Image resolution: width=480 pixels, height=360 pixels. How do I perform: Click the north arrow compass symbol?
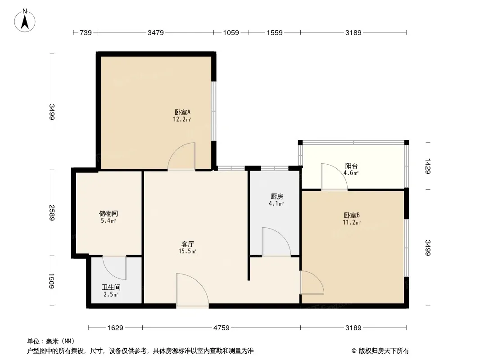26,20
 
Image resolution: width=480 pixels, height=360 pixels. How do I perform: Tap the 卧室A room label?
182,112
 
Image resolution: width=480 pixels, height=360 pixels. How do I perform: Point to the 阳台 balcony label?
351,165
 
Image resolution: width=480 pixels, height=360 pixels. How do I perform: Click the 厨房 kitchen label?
277,197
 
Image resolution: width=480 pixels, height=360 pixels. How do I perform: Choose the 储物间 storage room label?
109,214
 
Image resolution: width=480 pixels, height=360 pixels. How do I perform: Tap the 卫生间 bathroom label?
111,287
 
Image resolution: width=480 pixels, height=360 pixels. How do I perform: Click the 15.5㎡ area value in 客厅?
187,252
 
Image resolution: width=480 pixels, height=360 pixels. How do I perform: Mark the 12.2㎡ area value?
182,120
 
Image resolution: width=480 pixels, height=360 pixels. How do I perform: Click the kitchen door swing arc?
276,241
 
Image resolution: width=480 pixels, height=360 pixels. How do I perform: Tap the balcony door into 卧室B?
333,177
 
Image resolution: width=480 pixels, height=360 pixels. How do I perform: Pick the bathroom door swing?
114,268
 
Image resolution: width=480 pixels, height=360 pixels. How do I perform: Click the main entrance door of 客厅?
192,291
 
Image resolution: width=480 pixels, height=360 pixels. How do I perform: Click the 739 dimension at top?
86,32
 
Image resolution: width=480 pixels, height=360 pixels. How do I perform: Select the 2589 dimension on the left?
52,212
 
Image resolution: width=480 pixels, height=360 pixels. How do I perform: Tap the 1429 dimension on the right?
428,165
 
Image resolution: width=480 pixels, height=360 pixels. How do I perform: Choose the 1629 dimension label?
115,328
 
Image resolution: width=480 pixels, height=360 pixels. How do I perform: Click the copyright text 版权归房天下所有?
383,351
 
